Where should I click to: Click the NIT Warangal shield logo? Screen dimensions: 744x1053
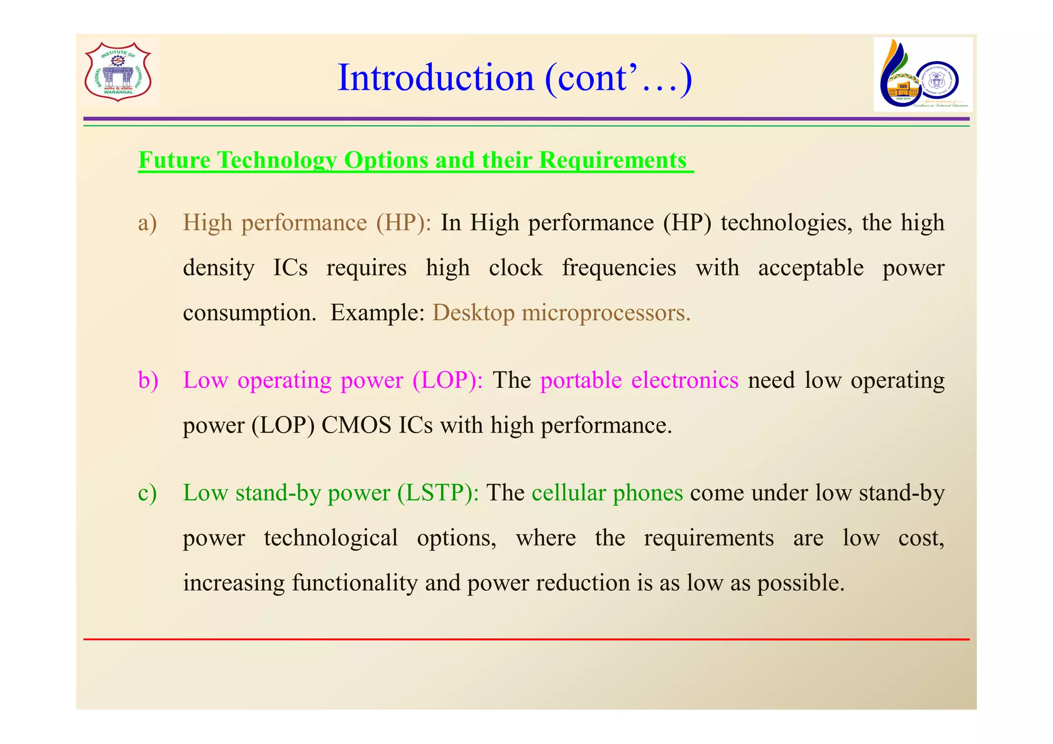tap(118, 72)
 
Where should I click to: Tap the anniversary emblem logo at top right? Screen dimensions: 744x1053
tap(922, 75)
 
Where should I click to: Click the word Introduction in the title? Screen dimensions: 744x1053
tap(435, 78)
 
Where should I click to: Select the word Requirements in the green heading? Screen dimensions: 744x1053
tap(612, 160)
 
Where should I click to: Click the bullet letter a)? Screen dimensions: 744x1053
tap(147, 223)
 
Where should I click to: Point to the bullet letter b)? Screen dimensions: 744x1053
tap(148, 380)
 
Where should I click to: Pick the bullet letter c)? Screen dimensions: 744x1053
tap(147, 493)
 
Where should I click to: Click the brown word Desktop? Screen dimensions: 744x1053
tap(473, 313)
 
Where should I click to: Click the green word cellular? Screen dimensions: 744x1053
tap(569, 493)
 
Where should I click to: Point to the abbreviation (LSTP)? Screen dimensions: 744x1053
tap(438, 493)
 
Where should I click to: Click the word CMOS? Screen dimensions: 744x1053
tap(356, 426)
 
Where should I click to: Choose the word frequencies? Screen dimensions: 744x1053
tap(619, 268)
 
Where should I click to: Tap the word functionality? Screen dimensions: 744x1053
tap(355, 583)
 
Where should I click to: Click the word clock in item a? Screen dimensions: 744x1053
tap(515, 268)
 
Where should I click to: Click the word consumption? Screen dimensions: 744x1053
tap(249, 313)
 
